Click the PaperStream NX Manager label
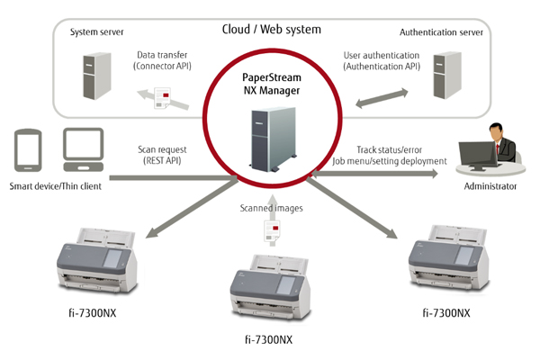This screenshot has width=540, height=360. point(271,83)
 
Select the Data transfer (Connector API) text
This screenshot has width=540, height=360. point(166,60)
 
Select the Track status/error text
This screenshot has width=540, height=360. point(390,149)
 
